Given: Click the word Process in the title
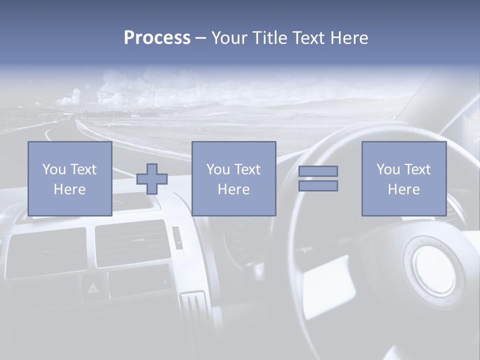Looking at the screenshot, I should pyautogui.click(x=157, y=38).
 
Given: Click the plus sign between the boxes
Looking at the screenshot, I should pyautogui.click(x=152, y=179).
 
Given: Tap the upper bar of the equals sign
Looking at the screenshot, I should pyautogui.click(x=318, y=171).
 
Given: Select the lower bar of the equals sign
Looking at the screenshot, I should pyautogui.click(x=318, y=186).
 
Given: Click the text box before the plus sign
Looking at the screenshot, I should pyautogui.click(x=70, y=178).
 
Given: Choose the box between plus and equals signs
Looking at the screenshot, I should pyautogui.click(x=233, y=178).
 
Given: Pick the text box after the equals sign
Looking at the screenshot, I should pyautogui.click(x=403, y=178).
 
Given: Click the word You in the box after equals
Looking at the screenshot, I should pyautogui.click(x=387, y=169).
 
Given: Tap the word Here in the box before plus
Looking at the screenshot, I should pyautogui.click(x=69, y=189).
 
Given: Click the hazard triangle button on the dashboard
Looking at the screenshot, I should pyautogui.click(x=93, y=287).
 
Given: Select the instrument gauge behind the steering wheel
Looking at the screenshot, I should pyautogui.click(x=240, y=240).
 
